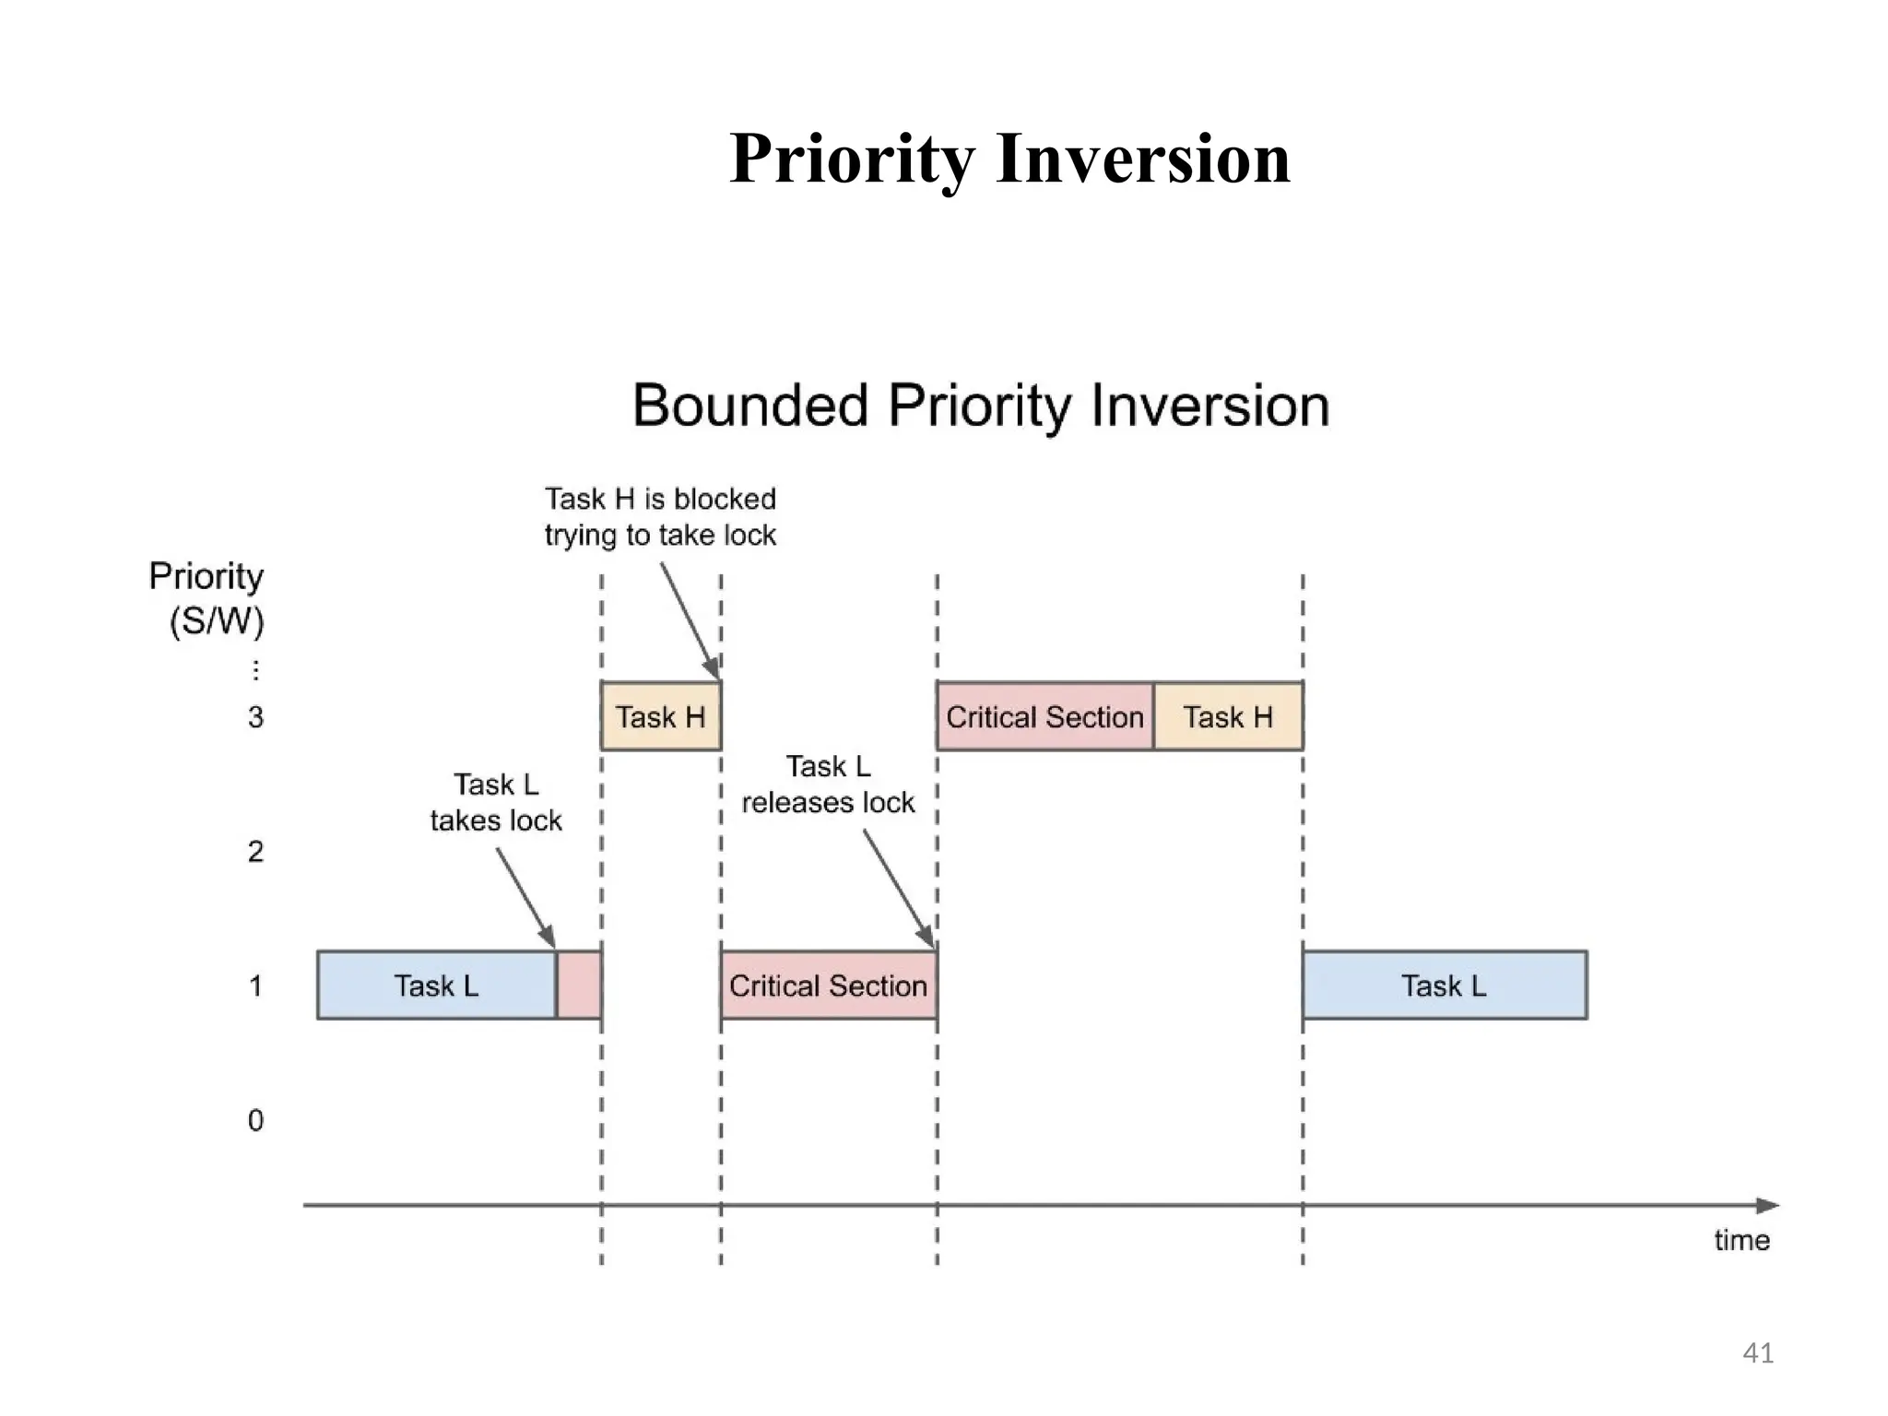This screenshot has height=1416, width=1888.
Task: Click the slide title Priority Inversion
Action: click(x=1009, y=159)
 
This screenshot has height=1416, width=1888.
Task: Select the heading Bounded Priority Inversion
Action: click(x=981, y=406)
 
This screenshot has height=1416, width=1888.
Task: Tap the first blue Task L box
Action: click(x=436, y=985)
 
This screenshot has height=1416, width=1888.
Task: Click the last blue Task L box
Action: click(x=1444, y=985)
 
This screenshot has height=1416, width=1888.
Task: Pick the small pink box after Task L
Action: click(x=579, y=985)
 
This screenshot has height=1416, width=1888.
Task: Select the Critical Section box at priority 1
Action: click(x=828, y=985)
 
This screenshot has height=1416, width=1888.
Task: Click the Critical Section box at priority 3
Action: click(x=1044, y=716)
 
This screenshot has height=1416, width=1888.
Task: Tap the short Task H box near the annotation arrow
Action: click(x=660, y=716)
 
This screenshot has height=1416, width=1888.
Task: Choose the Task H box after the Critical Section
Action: click(x=1228, y=716)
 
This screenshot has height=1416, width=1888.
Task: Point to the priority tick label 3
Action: click(x=255, y=717)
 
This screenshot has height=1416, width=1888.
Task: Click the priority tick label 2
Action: click(x=255, y=851)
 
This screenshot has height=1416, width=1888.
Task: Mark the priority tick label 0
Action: click(x=255, y=1120)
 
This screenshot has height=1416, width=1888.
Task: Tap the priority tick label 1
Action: click(x=255, y=985)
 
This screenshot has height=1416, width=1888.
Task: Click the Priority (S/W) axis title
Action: click(x=207, y=597)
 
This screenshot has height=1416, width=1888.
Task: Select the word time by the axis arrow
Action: click(x=1741, y=1240)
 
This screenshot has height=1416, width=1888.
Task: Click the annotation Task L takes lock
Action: click(x=496, y=802)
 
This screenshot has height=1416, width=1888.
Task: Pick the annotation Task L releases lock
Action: click(x=828, y=785)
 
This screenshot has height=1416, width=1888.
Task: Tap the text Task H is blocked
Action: click(x=660, y=500)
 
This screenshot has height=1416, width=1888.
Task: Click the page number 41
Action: click(x=1758, y=1352)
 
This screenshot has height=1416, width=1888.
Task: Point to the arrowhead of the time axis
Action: click(x=1766, y=1205)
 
